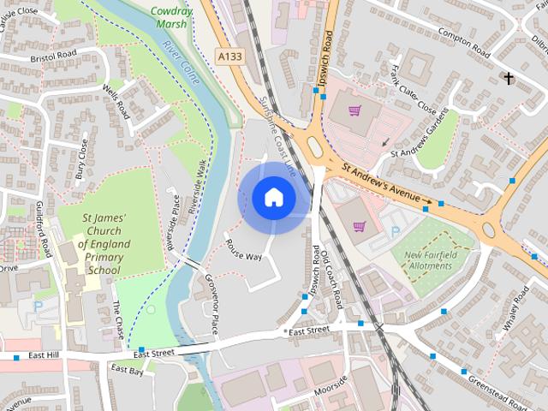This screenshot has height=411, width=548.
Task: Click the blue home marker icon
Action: pos(273,197)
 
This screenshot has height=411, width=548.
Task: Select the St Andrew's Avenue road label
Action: pos(383,182)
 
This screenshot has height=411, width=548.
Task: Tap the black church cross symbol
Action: pos(509,79)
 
